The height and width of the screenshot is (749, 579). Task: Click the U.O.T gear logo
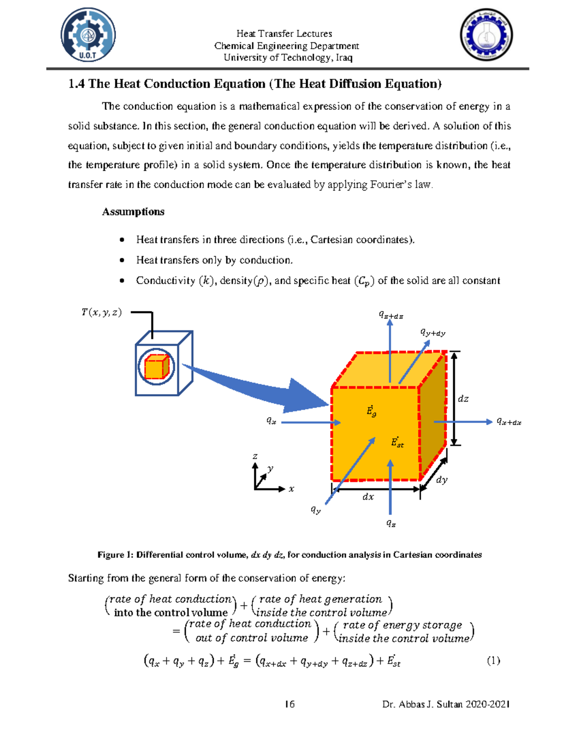coord(88,35)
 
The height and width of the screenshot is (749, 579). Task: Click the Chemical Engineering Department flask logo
coord(486,35)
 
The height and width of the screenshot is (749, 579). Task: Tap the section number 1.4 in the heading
coord(76,84)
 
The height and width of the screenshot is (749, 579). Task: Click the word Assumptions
coord(133,212)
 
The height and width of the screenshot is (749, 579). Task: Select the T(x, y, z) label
coord(101,313)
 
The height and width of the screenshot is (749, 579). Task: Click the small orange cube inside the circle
coord(156,367)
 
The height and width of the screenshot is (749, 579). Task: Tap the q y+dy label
coord(433,332)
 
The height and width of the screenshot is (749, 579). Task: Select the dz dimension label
coord(463,399)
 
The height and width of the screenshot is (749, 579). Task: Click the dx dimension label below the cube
coord(368,496)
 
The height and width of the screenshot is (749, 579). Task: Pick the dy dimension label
coord(441,480)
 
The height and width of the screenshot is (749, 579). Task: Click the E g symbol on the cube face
coord(371,411)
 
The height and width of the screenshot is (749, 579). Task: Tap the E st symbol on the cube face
coord(397,442)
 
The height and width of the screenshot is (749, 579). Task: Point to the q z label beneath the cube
coord(391,523)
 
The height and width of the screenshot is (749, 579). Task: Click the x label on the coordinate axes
coord(291,489)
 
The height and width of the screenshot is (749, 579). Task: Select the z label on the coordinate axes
coord(255,456)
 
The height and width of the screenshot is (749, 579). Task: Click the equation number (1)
coord(493,661)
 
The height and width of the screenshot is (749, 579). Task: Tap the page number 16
coord(289,704)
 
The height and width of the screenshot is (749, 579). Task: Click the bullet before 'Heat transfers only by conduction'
coord(122,260)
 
